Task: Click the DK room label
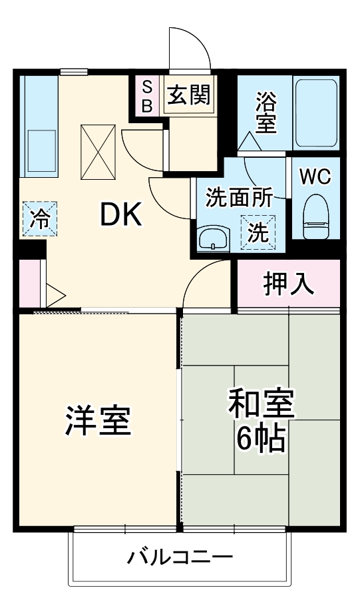121,214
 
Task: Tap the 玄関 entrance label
188,96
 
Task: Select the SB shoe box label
148,96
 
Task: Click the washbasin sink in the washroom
214,237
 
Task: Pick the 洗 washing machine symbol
258,232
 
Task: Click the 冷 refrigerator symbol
40,219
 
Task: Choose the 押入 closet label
288,284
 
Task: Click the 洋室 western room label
97,421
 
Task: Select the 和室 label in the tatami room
261,404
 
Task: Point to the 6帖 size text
261,440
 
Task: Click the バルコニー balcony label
180,557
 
